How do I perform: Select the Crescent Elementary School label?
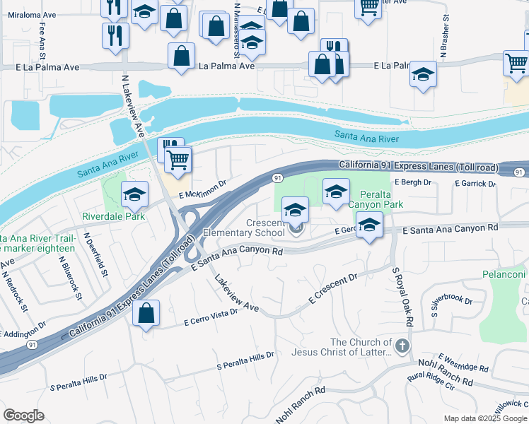tap(244, 227)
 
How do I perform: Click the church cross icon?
tap(402, 346)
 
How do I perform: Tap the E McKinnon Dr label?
tap(202, 190)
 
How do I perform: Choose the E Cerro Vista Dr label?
tap(211, 317)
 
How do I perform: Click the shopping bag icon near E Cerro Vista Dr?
tap(146, 313)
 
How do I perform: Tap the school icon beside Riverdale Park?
tap(134, 194)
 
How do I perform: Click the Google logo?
tap(23, 416)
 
